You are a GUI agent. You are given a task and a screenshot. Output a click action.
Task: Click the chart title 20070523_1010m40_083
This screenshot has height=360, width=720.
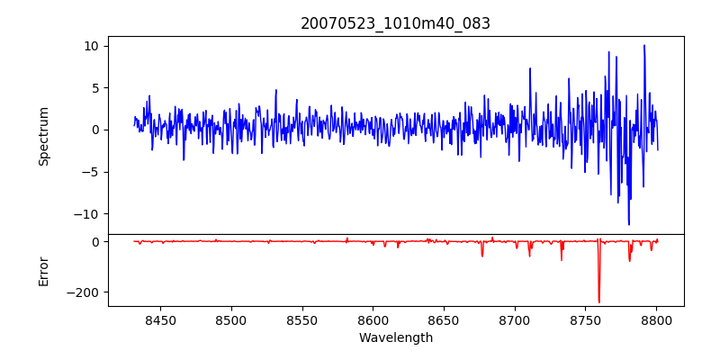[395, 23]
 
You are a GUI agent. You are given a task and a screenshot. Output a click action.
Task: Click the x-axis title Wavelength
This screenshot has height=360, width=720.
[395, 337]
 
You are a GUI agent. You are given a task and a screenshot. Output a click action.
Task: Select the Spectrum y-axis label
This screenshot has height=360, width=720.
[44, 136]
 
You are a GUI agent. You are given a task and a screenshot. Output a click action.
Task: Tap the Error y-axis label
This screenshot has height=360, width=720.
[44, 271]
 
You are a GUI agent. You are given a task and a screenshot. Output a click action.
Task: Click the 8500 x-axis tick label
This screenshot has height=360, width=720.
[230, 319]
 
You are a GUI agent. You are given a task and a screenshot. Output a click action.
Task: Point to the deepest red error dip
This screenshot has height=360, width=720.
[598, 302]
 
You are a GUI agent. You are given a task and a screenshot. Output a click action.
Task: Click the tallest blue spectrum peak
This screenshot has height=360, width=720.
[644, 45]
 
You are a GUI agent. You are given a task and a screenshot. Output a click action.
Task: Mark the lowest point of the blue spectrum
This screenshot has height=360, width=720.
[629, 225]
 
